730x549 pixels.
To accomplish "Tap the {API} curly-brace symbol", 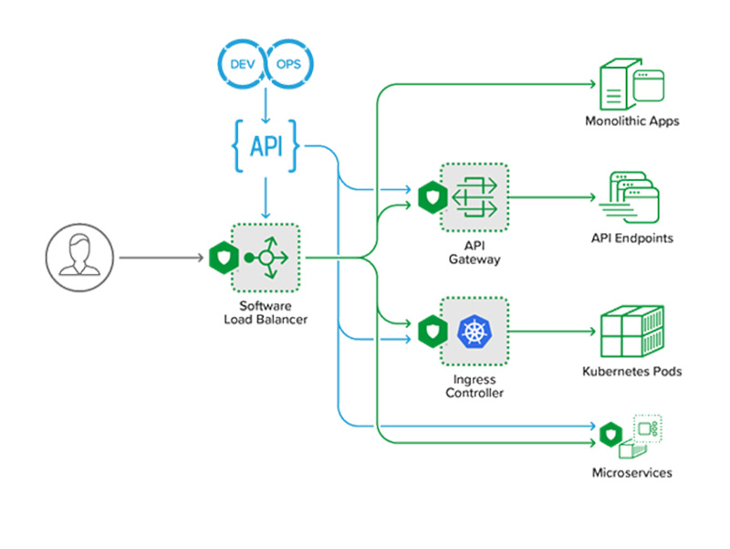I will pos(264,143).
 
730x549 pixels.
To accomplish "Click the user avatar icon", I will pos(76,258).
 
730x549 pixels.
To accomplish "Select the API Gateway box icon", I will pos(474,195).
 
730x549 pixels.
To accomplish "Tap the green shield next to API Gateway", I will pos(429,195).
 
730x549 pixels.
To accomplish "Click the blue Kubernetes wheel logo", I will pos(474,330).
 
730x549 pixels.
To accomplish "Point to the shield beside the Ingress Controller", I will pos(429,330).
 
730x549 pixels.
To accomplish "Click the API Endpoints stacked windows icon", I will pos(630,196).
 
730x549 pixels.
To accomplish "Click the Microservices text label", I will pos(631,472).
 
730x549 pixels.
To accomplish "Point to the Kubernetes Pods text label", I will pos(631,372).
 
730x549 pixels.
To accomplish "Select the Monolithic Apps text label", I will pos(631,121).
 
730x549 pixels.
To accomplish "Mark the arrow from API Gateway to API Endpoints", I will pos(552,195).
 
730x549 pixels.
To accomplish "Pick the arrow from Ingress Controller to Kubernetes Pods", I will pos(552,331).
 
